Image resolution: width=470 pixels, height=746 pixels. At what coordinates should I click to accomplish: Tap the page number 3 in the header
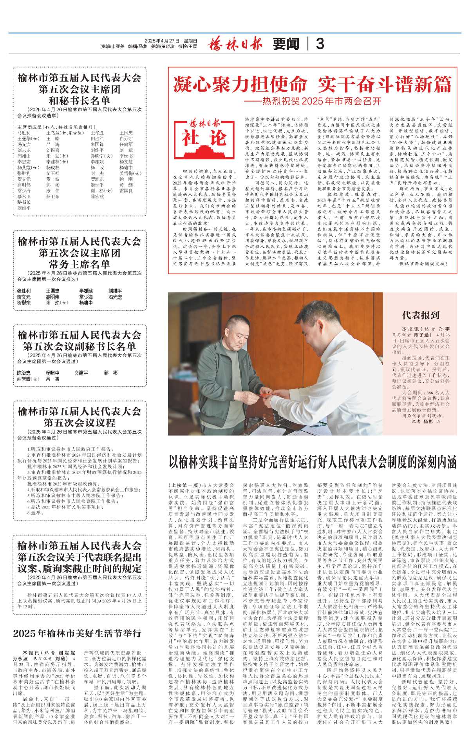click(320, 44)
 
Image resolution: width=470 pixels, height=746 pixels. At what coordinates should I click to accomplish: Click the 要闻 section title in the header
click(286, 44)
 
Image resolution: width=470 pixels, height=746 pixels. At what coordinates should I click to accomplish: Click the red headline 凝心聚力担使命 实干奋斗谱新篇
click(312, 84)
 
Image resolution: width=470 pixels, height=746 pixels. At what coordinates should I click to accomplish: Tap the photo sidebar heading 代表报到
click(421, 315)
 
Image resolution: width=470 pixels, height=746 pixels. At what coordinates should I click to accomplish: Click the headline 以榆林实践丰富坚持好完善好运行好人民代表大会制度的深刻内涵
click(313, 462)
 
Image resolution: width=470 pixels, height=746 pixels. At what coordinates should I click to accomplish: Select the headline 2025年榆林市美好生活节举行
click(77, 633)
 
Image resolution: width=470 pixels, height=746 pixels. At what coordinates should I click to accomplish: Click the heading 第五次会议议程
click(80, 423)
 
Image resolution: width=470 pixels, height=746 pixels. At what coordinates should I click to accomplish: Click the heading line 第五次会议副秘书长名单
click(80, 346)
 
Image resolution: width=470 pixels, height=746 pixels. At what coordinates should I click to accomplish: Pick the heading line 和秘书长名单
click(80, 100)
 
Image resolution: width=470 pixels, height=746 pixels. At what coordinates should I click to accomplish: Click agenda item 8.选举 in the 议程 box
click(34, 512)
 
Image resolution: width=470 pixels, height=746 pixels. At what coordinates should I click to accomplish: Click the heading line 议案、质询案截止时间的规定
click(80, 568)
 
